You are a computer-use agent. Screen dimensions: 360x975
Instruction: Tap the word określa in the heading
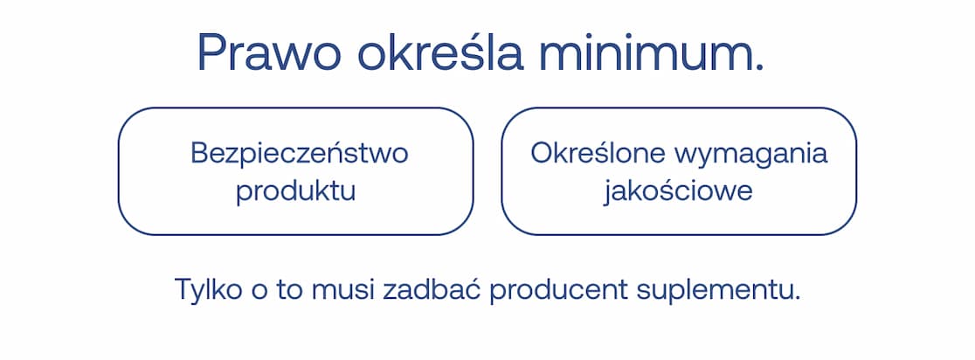point(441,52)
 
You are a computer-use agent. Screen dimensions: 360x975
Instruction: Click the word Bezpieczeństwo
point(300,154)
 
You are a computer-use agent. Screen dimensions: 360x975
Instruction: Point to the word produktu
point(296,191)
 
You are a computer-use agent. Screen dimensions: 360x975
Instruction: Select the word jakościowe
point(678,191)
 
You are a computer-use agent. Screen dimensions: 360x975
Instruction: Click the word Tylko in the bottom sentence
point(203,288)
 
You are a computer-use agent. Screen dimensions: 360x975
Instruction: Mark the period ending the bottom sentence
point(797,298)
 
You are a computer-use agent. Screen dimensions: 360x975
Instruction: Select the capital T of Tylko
point(183,288)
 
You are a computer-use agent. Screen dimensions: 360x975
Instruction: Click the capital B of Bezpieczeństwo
point(199,154)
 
